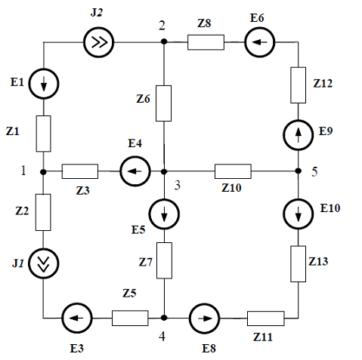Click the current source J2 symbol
tap(98, 42)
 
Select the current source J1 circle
tap(44, 263)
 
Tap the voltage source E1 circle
tap(44, 84)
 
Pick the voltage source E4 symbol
tap(135, 171)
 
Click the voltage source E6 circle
tap(259, 42)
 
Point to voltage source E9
tap(299, 135)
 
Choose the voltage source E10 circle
tap(299, 214)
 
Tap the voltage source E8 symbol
tap(204, 318)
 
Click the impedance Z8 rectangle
tap(206, 42)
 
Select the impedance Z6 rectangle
tap(164, 103)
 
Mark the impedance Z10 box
tap(233, 171)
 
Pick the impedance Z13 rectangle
tap(299, 264)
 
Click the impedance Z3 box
tap(80, 171)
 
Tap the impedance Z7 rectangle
tap(164, 260)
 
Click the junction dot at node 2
tap(164, 42)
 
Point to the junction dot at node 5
tap(299, 171)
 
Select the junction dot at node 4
tap(164, 318)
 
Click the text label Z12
tap(323, 83)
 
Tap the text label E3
tap(76, 349)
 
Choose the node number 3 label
tap(178, 186)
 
